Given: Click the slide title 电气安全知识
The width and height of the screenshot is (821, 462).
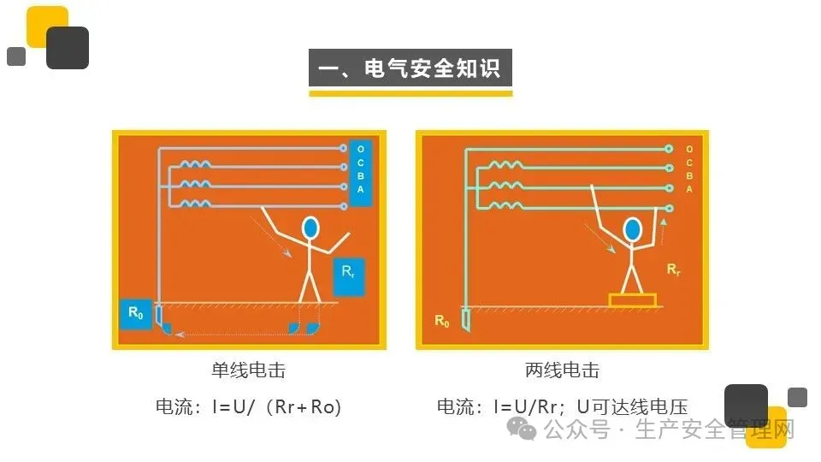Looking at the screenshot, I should (x=410, y=68).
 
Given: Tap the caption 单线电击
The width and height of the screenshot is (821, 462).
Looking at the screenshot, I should (x=249, y=370).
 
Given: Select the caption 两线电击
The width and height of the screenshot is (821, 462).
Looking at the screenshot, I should (x=562, y=370).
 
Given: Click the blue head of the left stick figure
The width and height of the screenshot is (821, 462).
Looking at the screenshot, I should (x=310, y=228).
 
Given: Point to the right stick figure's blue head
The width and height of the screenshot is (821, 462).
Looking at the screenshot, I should (x=632, y=229).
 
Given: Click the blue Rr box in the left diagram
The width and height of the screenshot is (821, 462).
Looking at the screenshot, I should (x=349, y=276).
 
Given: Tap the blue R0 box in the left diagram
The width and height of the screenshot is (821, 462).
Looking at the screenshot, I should (x=136, y=314).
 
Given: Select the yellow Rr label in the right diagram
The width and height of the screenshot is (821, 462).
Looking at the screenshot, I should (x=674, y=269).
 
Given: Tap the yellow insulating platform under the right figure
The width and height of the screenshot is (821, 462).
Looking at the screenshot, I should (x=632, y=300).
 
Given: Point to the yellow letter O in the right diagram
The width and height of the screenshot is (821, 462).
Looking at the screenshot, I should (x=689, y=149).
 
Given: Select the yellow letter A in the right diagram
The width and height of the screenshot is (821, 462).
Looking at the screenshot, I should (x=689, y=189).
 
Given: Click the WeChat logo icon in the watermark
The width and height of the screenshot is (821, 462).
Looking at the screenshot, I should (x=521, y=428).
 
